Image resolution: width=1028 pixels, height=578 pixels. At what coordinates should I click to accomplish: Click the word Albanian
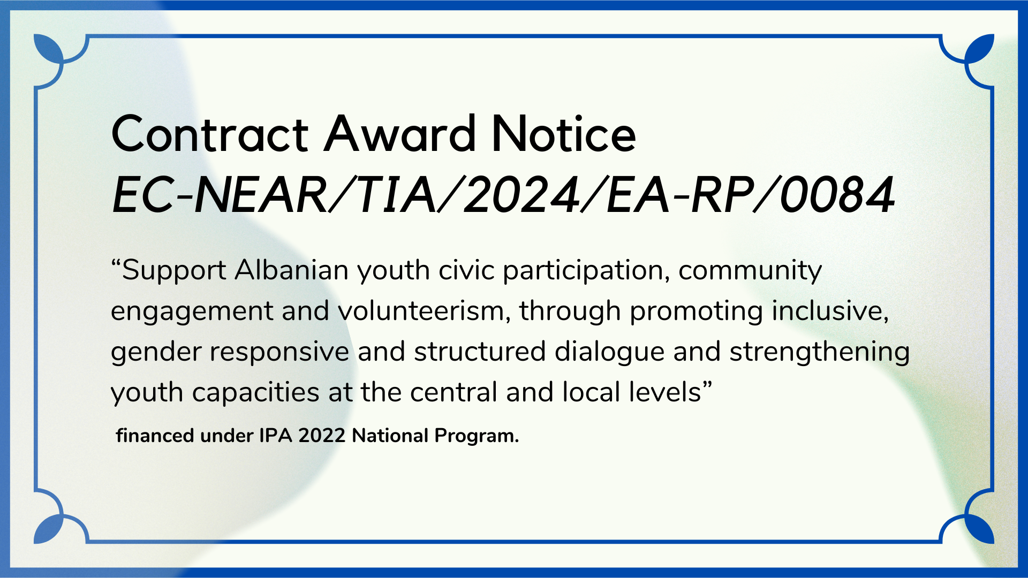292,270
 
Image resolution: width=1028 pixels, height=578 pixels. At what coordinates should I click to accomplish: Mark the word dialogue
609,353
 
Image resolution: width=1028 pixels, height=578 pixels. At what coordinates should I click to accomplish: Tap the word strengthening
819,352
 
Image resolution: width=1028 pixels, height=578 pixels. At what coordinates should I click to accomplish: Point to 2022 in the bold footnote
322,436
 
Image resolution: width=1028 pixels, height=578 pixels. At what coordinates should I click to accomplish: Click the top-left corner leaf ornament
48,48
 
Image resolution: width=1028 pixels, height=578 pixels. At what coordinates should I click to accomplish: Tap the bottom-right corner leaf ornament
980,529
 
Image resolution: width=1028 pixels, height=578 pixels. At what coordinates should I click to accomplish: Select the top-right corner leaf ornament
980,48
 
